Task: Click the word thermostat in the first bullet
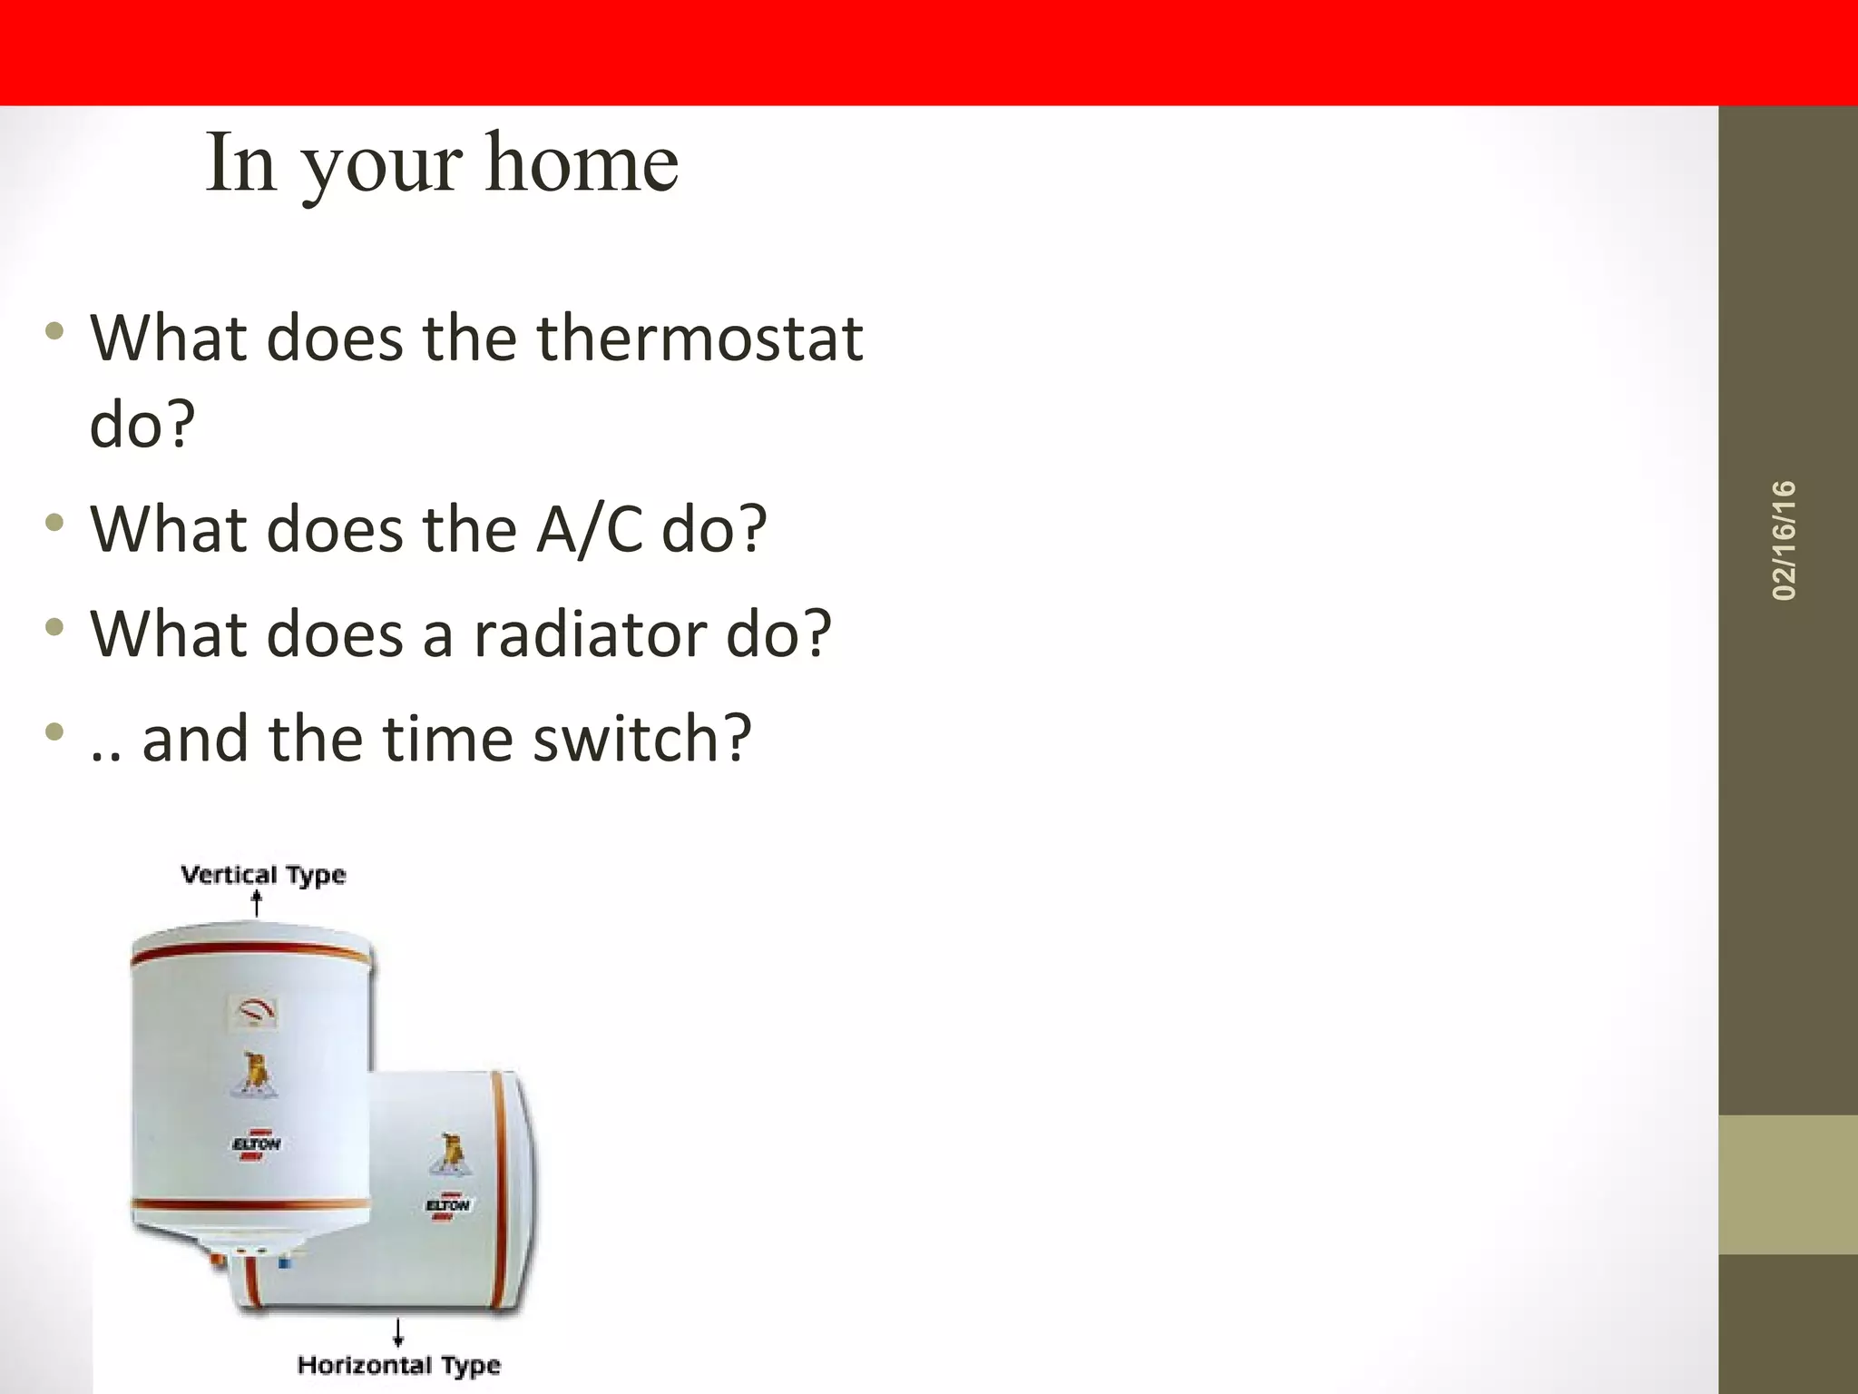pos(699,339)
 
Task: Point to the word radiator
pos(590,633)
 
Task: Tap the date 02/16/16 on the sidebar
pos(1784,541)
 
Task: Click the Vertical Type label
pos(263,875)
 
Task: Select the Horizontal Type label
pos(398,1365)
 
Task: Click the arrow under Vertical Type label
pos(257,904)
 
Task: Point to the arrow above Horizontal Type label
pos(397,1332)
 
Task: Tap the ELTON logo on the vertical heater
pos(257,1145)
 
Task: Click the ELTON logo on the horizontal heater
pos(447,1206)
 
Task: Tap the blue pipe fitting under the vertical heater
pos(284,1261)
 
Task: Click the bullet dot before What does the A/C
pos(55,524)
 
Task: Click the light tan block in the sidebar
pos(1787,1184)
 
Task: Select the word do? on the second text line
pos(142,424)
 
